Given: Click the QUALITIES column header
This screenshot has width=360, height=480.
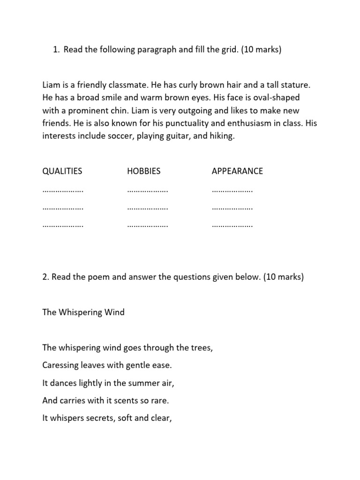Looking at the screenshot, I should pos(62,171).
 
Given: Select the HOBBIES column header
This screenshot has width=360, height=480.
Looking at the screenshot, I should pos(143,171).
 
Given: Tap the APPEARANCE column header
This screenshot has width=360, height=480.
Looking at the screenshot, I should pos(237,171).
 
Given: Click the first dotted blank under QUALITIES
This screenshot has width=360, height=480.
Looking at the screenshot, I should pos(63,191).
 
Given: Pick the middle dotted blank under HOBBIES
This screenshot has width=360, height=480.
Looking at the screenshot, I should pos(148,208).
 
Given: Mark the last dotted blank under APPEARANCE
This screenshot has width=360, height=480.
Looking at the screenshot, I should pos(232,225).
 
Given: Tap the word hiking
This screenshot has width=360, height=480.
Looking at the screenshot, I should pos(222,135).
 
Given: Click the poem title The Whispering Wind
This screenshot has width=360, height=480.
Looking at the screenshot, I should pos(83,312).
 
